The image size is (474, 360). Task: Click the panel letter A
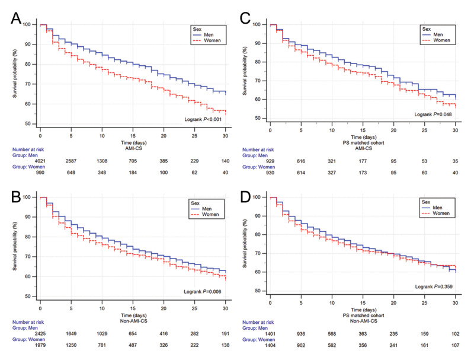coord(16,18)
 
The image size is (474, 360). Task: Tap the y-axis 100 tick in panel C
coord(256,25)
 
